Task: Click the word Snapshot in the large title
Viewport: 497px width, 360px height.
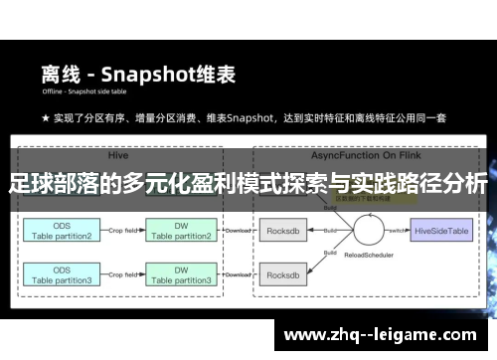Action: click(158, 74)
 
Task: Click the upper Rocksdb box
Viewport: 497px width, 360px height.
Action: click(284, 231)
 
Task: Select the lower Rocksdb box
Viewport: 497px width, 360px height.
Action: click(284, 275)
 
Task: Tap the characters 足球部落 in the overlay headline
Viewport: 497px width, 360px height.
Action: click(49, 184)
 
